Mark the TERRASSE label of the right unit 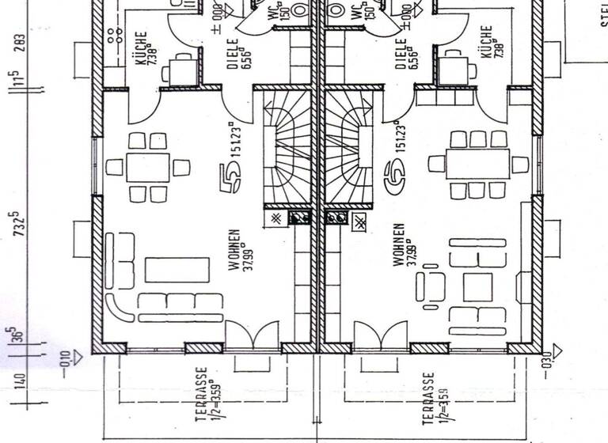428,400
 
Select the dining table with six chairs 147,167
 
